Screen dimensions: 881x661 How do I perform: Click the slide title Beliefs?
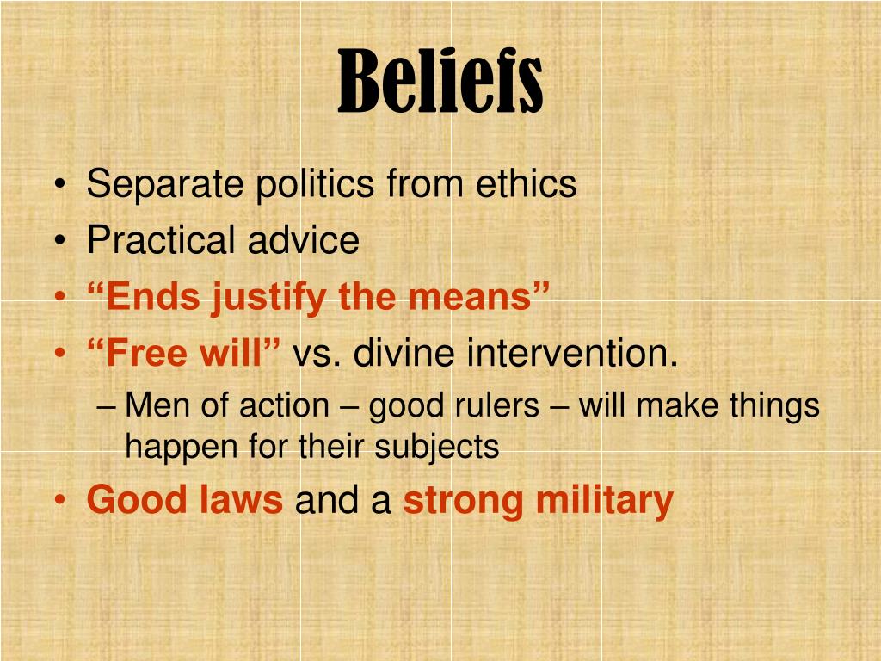click(440, 81)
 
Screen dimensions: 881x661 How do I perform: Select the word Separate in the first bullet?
click(165, 184)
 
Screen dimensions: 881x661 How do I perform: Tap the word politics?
click(315, 184)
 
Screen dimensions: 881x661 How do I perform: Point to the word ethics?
click(526, 183)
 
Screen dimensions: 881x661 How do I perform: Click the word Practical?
click(161, 240)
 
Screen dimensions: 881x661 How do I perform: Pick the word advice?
click(304, 240)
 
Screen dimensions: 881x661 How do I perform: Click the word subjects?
click(437, 448)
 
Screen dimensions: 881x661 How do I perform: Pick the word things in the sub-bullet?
click(775, 406)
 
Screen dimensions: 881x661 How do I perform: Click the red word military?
click(605, 500)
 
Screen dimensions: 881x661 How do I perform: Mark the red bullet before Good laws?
click(60, 500)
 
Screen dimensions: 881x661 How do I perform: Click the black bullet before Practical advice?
click(60, 240)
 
